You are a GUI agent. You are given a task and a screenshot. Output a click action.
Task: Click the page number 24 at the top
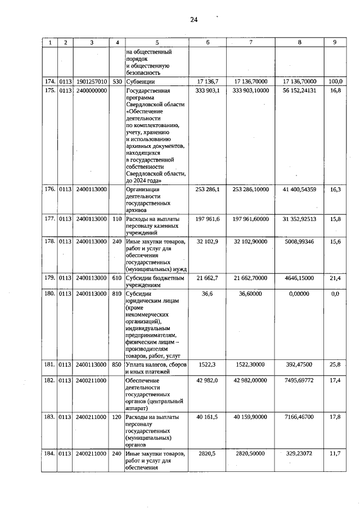[193, 20]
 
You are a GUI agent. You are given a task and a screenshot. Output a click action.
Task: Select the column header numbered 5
[157, 42]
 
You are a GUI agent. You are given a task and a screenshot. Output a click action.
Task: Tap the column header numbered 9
[335, 42]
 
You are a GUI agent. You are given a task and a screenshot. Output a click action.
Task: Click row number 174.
[50, 82]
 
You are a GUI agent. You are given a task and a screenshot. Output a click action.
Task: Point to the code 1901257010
[92, 82]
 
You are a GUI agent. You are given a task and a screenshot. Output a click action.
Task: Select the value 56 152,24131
[299, 90]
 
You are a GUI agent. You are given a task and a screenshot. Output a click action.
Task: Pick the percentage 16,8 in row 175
[335, 90]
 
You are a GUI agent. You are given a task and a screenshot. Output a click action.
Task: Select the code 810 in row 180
[117, 292]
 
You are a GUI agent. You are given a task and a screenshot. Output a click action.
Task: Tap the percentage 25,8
[335, 365]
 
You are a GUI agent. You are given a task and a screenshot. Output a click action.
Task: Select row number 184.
[50, 453]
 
